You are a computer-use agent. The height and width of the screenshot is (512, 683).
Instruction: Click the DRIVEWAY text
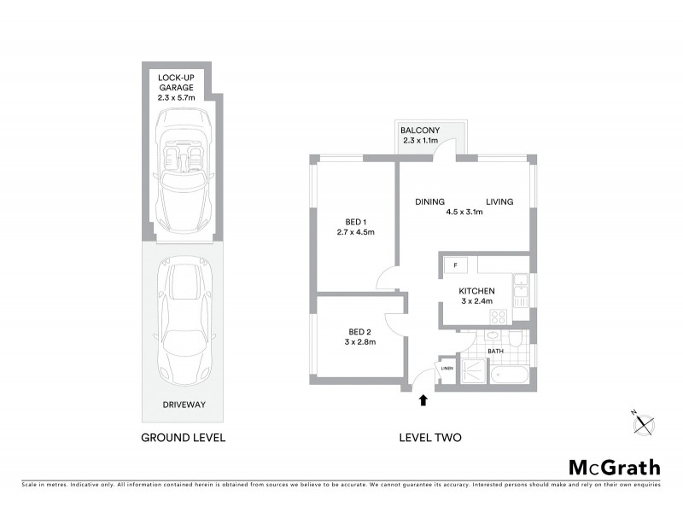tap(184, 404)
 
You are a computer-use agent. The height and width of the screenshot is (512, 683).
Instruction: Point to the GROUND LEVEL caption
tap(184, 439)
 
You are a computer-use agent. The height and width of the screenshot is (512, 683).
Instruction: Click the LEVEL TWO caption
tap(430, 439)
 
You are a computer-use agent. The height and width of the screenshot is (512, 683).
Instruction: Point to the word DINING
tap(429, 201)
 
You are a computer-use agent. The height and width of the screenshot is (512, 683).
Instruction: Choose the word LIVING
tap(499, 201)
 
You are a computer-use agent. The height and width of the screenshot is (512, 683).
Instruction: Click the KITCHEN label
tap(476, 296)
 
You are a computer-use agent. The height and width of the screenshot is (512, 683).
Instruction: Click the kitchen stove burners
tap(497, 315)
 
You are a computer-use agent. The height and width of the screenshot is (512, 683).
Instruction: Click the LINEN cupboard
tap(447, 368)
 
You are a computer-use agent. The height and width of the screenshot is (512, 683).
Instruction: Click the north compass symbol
tap(643, 418)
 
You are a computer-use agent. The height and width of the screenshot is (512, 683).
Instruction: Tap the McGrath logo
tap(614, 467)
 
